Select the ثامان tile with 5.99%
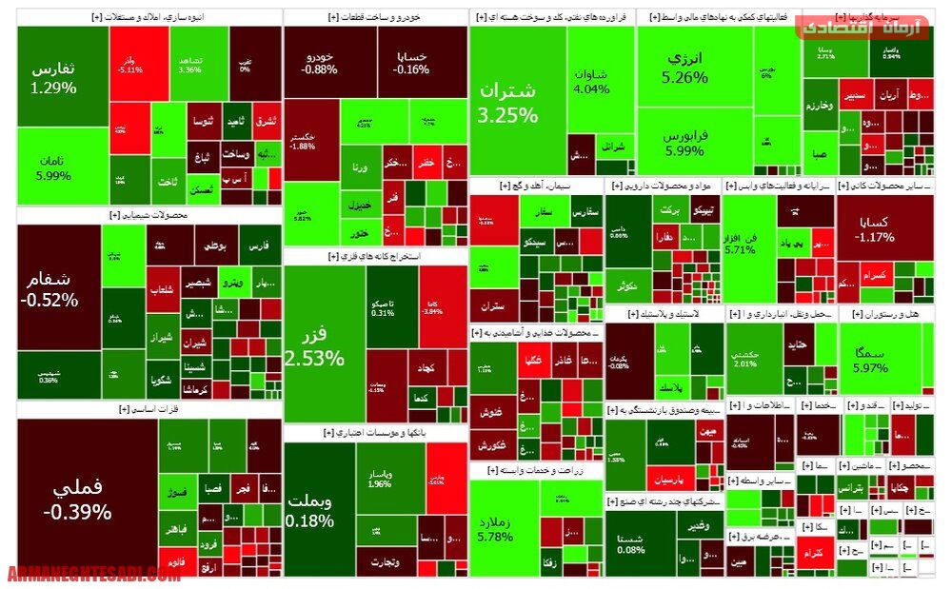tap(53, 167)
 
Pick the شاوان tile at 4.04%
tap(592, 81)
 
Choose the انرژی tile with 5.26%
tap(685, 67)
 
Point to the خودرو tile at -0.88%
tap(319, 62)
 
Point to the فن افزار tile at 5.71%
tap(740, 242)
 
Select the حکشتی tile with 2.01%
tap(746, 358)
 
